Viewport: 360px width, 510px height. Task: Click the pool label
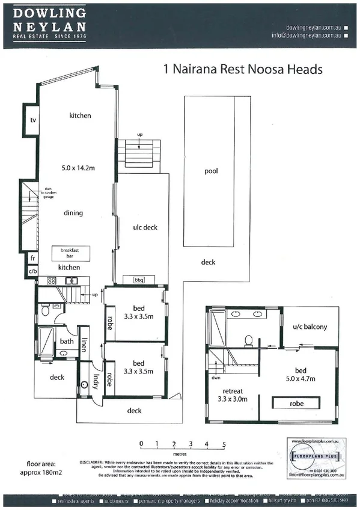click(210, 171)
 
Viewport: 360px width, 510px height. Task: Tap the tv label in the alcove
click(33, 120)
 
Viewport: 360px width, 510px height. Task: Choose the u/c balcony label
click(310, 327)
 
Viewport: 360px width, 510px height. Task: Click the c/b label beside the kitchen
click(32, 271)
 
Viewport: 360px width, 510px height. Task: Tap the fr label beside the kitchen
click(32, 259)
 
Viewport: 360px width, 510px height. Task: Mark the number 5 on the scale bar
click(224, 444)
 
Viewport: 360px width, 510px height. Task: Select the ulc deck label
click(145, 227)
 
